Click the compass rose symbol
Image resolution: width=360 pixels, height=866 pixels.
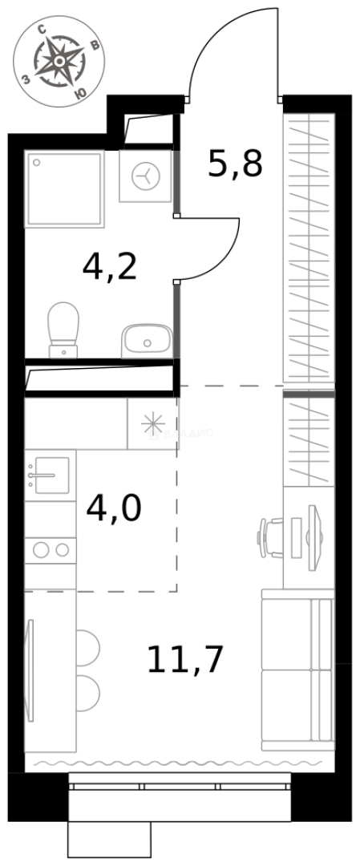click(60, 61)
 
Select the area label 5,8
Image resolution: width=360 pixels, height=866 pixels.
click(235, 164)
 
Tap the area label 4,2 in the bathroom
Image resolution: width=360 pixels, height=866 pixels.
click(110, 266)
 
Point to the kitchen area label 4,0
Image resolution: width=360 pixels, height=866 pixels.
click(113, 508)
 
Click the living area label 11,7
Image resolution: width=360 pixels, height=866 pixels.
click(184, 659)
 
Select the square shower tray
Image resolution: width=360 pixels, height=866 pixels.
click(64, 189)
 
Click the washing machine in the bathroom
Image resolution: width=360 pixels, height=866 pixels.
click(145, 176)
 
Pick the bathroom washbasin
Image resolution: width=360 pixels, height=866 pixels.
click(146, 342)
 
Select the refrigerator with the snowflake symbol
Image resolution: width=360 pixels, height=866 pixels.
click(151, 423)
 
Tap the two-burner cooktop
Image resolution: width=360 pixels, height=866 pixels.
click(50, 550)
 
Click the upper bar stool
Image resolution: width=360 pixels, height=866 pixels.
click(87, 646)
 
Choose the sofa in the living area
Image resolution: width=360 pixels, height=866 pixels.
click(297, 670)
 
